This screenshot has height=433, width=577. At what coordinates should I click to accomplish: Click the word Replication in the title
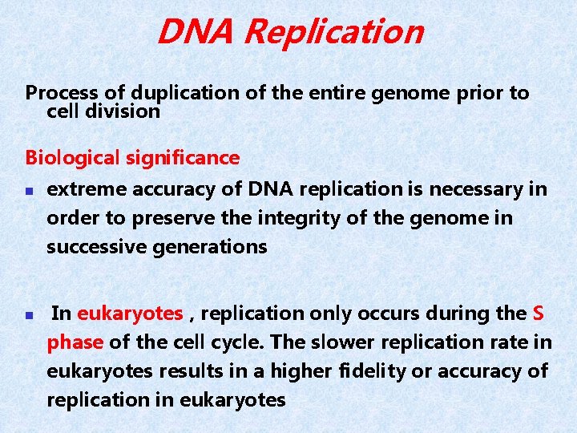click(333, 32)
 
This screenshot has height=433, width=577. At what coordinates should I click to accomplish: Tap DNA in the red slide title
click(197, 32)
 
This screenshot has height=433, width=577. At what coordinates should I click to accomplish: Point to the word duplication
click(178, 94)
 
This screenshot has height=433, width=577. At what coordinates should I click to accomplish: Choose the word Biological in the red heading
click(73, 158)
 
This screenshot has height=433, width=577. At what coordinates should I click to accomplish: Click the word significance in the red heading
click(183, 158)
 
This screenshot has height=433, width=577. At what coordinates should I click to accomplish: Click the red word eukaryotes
click(130, 314)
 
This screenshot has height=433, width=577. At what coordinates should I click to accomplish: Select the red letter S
click(539, 314)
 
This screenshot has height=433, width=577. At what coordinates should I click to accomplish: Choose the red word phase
click(75, 342)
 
